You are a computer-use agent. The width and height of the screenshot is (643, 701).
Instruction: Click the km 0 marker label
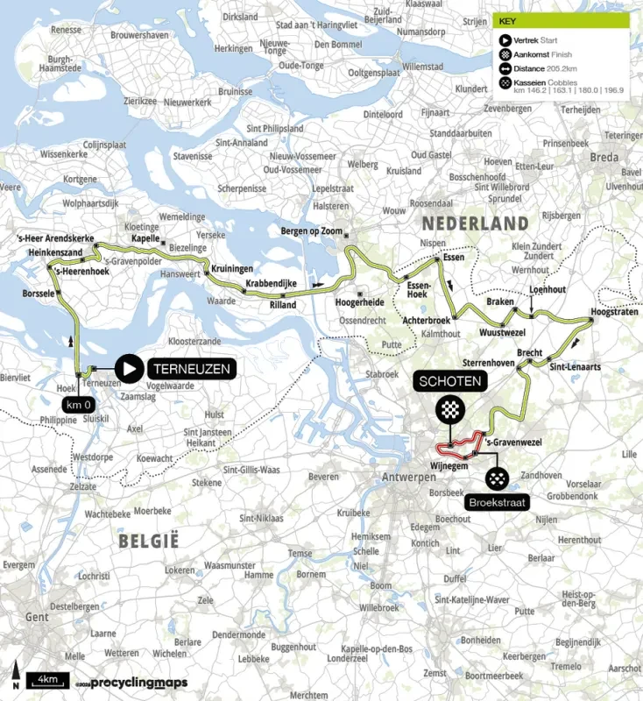click(x=78, y=404)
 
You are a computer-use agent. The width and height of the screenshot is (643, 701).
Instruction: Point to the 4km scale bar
click(x=47, y=679)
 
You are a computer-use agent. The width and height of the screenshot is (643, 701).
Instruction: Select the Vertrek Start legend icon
click(x=505, y=39)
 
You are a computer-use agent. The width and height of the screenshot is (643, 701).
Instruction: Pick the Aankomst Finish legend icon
click(x=505, y=54)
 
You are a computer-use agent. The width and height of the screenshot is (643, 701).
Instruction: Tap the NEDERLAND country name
click(x=475, y=223)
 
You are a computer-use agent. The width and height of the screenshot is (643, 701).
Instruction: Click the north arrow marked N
click(x=15, y=676)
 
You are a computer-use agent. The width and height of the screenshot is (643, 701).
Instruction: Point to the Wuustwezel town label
click(x=502, y=333)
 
